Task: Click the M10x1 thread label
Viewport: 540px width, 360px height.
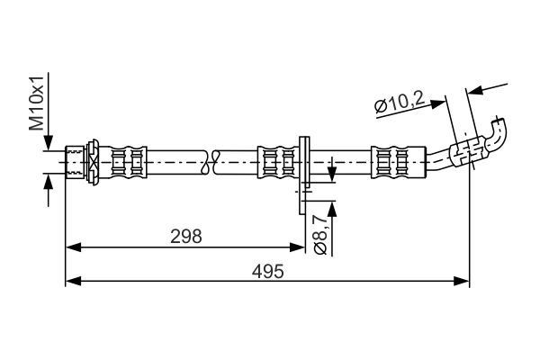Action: (37, 103)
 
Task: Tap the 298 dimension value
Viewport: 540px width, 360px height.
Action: (186, 237)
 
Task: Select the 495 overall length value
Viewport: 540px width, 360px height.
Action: (268, 271)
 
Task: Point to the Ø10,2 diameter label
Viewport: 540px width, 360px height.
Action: (399, 103)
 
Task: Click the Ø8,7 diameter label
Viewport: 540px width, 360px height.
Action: (320, 234)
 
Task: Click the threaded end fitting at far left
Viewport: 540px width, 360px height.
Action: (75, 162)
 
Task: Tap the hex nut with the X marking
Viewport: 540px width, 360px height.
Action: (93, 162)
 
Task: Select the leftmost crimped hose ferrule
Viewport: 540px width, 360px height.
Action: (128, 162)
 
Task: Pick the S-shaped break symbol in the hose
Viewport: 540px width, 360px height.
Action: (210, 162)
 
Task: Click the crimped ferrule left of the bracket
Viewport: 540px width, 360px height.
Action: (278, 162)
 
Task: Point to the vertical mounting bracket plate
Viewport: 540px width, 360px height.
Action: (304, 175)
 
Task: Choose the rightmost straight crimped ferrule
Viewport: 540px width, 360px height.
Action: (399, 162)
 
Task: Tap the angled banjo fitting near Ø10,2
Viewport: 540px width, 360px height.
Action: (467, 151)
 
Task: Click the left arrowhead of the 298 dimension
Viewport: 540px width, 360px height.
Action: (73, 247)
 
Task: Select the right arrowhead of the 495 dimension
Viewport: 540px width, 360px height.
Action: (462, 281)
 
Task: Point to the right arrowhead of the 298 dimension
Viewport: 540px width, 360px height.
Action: (297, 247)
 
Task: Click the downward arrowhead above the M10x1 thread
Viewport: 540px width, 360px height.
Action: (49, 142)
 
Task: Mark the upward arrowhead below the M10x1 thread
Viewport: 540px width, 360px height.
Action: (49, 182)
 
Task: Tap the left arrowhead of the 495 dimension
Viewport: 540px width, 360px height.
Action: (73, 281)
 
